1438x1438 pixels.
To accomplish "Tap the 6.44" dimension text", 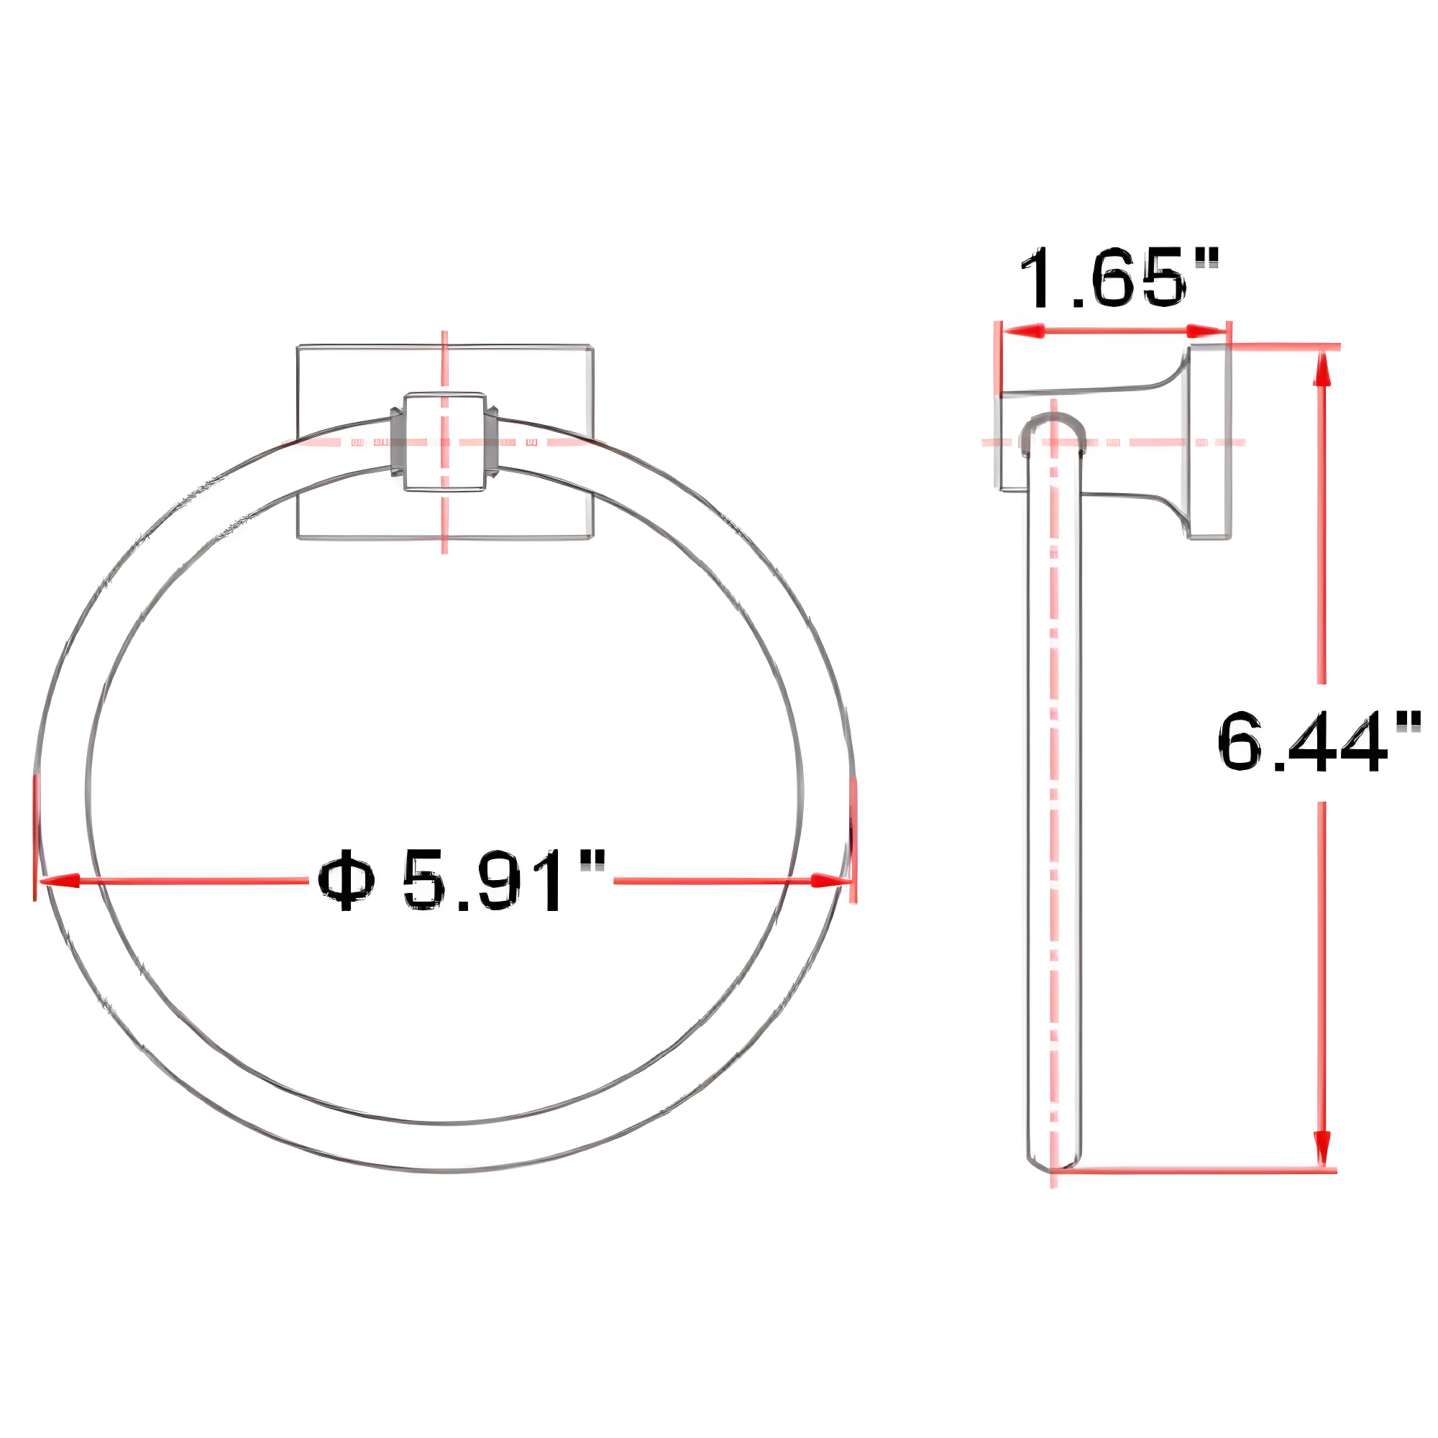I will pyautogui.click(x=1318, y=742).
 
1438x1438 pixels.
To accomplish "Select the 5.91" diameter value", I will pyautogui.click(x=503, y=881).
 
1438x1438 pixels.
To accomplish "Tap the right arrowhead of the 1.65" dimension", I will pyautogui.click(x=1204, y=331).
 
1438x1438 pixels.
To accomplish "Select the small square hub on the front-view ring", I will pyautogui.click(x=444, y=441).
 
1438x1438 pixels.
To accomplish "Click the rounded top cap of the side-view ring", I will pyautogui.click(x=1053, y=426).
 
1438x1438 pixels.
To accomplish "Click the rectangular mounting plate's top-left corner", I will pyautogui.click(x=298, y=347).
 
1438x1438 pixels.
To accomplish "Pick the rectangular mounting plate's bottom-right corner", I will pyautogui.click(x=592, y=537).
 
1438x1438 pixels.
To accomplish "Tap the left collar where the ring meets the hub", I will pyautogui.click(x=398, y=442).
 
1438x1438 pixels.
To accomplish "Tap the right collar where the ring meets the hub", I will pyautogui.click(x=491, y=442).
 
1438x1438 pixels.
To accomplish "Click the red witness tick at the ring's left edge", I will pyautogui.click(x=35, y=837).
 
